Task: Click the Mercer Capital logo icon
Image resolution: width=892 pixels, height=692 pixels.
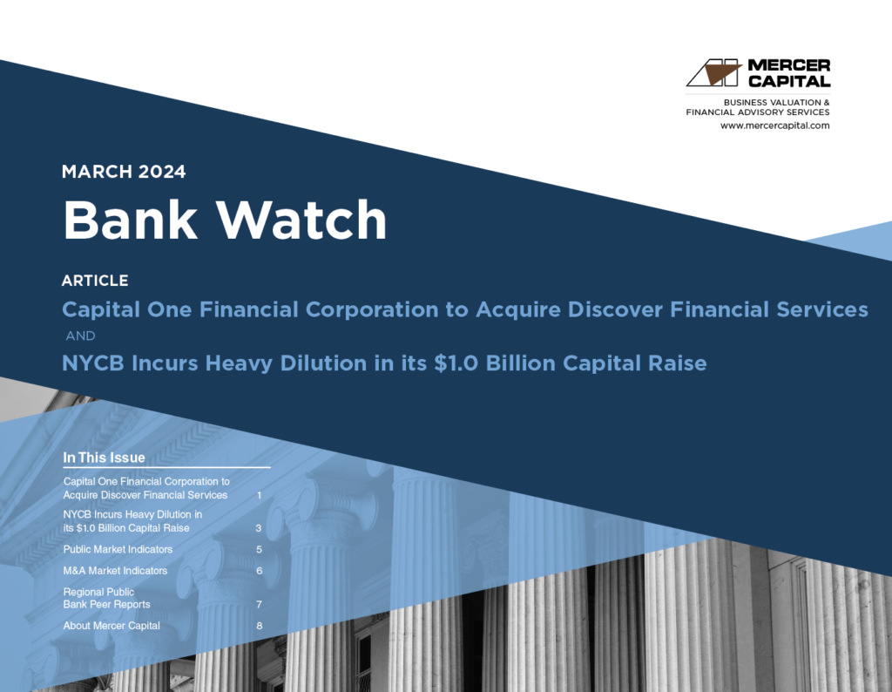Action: point(713,73)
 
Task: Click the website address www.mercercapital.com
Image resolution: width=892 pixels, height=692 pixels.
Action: point(774,126)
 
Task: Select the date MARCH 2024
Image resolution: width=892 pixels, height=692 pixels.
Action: point(124,172)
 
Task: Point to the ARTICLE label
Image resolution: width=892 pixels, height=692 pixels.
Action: point(95,281)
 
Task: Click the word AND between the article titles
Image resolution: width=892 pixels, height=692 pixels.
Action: point(81,336)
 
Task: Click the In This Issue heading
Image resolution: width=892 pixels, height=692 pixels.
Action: point(104,458)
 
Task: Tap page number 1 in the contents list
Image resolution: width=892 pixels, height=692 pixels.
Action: point(260,495)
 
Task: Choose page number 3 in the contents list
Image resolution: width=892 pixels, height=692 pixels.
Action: point(259,528)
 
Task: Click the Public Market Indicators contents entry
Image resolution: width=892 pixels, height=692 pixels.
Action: point(118,550)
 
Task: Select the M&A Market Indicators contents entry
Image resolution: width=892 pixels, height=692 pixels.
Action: point(115,571)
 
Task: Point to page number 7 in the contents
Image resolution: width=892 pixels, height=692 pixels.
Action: point(259,604)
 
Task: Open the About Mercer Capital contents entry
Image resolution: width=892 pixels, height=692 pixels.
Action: point(111,626)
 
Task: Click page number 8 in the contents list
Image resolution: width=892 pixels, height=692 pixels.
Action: point(259,626)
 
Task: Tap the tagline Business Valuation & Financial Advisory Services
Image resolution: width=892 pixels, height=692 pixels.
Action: point(758,107)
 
